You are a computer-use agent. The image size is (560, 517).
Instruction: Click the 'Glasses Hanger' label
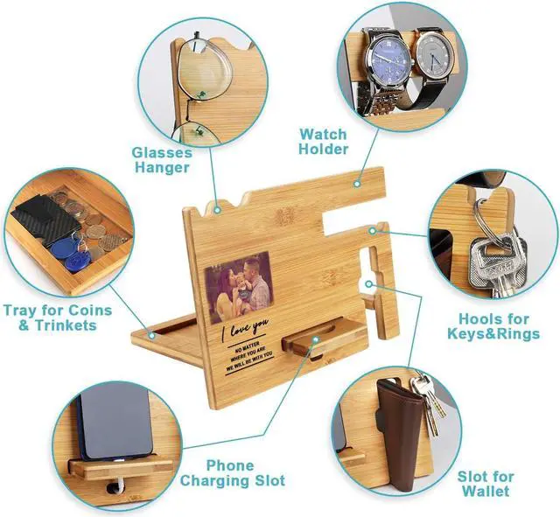pos(162,159)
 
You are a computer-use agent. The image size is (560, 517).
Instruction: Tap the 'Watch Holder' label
pos(323,142)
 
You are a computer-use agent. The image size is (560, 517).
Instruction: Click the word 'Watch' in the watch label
pos(323,134)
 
